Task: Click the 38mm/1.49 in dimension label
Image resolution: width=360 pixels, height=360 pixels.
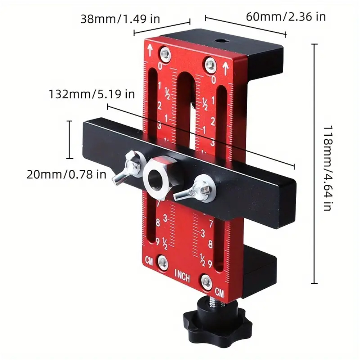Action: (120, 19)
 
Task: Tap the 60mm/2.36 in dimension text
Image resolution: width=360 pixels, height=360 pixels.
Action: (286, 17)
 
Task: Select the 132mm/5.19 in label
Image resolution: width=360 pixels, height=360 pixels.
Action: (91, 94)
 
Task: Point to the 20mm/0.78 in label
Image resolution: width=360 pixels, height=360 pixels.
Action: (66, 175)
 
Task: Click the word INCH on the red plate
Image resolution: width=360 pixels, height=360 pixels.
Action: (183, 276)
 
